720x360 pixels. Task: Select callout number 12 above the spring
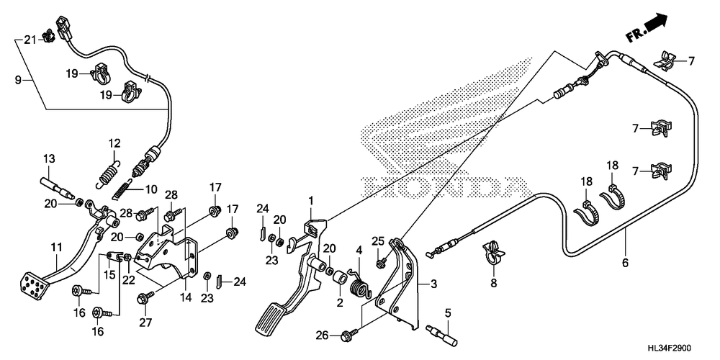click(114, 143)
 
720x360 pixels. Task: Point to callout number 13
click(48, 158)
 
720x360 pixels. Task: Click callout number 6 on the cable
click(625, 263)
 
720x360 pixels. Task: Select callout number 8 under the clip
click(493, 284)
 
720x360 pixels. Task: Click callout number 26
click(321, 335)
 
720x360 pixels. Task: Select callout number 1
click(312, 199)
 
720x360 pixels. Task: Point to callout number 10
click(151, 190)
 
